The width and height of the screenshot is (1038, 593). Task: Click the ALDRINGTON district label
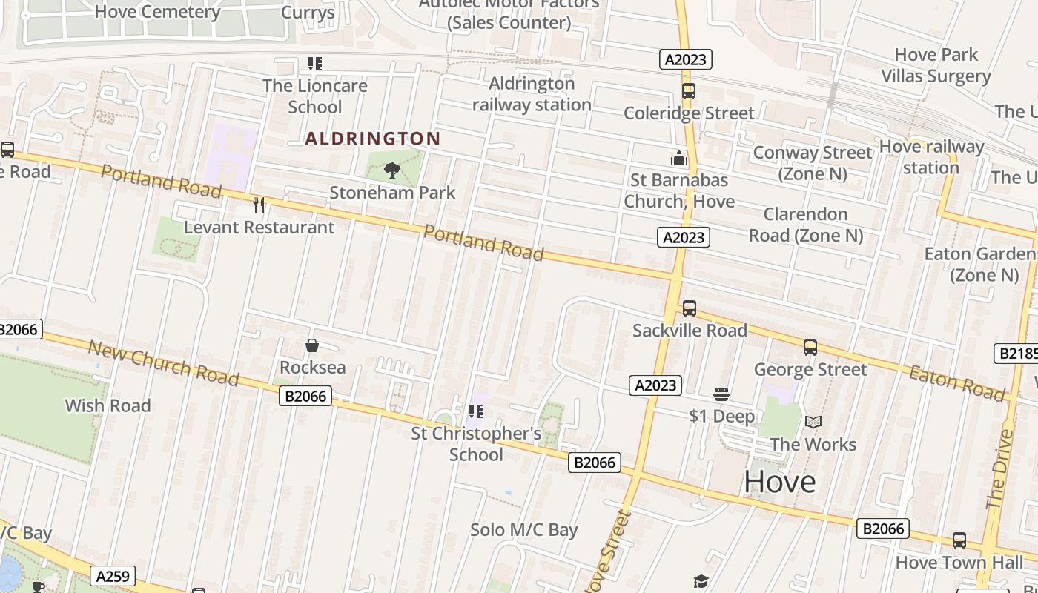[x=373, y=139]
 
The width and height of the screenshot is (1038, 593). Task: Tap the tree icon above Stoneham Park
[x=392, y=171]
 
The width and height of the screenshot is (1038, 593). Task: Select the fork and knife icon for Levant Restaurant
[x=259, y=205]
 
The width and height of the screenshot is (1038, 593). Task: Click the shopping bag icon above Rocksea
[x=312, y=345]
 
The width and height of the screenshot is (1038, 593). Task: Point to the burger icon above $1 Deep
[x=721, y=394]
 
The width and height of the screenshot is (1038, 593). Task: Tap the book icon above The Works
[x=813, y=422]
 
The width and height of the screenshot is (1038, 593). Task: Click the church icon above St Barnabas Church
[x=678, y=158]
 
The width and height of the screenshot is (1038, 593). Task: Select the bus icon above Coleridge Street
[x=689, y=91]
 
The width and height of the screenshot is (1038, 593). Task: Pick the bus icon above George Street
[x=810, y=347]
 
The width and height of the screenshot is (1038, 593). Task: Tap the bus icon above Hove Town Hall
[x=959, y=540]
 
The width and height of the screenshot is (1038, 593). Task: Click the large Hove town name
[x=780, y=482]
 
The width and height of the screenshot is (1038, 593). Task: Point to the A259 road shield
[x=112, y=575]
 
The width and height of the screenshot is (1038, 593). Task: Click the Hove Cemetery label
[x=157, y=12]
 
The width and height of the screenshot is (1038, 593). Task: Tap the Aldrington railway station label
[x=532, y=94]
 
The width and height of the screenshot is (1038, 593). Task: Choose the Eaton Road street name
[x=956, y=382]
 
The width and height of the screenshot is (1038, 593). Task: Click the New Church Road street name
[x=164, y=363]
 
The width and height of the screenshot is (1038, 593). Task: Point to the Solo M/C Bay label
[x=523, y=530]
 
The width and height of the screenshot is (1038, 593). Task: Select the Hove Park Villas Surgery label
[x=936, y=65]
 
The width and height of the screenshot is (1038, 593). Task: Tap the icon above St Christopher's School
[x=476, y=411]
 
